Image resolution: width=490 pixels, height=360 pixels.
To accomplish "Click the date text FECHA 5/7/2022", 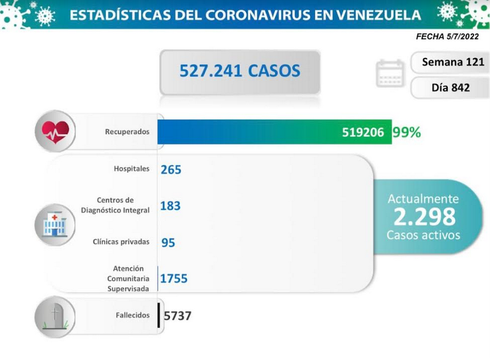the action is (x=447, y=36).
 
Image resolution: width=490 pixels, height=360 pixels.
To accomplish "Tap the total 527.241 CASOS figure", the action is (x=240, y=71).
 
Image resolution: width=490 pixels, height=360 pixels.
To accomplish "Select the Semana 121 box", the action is (x=450, y=62).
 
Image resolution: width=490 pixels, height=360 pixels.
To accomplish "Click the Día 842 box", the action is (x=450, y=87).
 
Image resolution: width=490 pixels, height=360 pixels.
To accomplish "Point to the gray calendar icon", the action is (x=390, y=74).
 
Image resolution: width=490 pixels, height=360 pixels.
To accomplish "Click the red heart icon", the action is (x=55, y=132).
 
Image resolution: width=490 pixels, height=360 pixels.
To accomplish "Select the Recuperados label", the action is (x=127, y=132).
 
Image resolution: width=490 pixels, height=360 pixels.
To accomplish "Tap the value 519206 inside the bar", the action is (x=363, y=132).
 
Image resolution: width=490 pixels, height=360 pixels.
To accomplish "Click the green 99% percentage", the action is (x=407, y=132).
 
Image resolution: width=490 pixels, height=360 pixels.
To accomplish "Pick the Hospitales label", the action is (x=131, y=168).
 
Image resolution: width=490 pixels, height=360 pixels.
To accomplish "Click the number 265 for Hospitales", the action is (x=171, y=170).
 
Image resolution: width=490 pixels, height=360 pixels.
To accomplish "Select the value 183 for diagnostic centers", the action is (x=170, y=206).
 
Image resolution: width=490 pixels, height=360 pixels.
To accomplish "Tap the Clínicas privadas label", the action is (x=121, y=242).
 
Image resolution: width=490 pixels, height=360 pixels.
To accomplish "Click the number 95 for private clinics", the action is (x=168, y=243).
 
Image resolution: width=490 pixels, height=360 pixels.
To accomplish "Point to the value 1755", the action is (x=174, y=278).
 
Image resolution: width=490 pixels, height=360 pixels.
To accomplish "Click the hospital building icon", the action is (x=55, y=224).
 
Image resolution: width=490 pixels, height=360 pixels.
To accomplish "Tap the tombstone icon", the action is (x=55, y=317).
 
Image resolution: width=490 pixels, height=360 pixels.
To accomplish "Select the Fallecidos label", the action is (x=133, y=315).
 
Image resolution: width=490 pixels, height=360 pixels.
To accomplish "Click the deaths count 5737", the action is (x=177, y=316).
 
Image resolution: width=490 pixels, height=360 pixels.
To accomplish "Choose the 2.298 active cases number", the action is (x=425, y=217).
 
